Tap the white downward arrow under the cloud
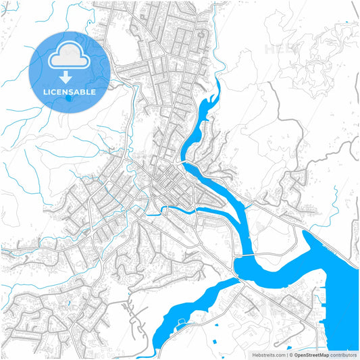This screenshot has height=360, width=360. (x=66, y=76)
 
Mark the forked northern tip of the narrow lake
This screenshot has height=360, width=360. (x=217, y=84)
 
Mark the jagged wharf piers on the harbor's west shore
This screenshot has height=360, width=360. (x=323, y=297)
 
